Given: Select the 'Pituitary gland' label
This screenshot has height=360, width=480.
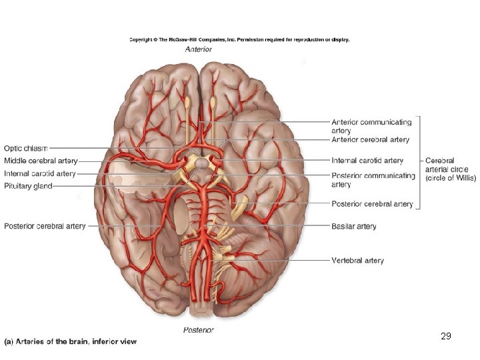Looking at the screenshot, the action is pyautogui.click(x=28, y=186).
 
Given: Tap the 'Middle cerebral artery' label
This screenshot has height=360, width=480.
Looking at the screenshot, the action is pyautogui.click(x=41, y=161).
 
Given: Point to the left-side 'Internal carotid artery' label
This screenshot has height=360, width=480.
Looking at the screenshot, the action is pyautogui.click(x=40, y=173).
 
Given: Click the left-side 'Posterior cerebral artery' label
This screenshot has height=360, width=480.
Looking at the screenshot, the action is pyautogui.click(x=45, y=226).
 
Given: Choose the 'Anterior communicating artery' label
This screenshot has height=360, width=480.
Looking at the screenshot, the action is pyautogui.click(x=371, y=126).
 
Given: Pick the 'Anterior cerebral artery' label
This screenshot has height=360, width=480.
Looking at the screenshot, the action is pyautogui.click(x=371, y=140).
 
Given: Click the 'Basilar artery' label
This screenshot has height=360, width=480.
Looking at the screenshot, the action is pyautogui.click(x=354, y=227).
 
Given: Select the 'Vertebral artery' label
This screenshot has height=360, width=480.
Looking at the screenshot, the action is pyautogui.click(x=358, y=260).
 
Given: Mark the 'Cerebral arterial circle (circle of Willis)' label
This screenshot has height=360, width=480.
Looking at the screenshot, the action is pyautogui.click(x=451, y=169).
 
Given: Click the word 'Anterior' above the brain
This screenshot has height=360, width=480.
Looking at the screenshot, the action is pyautogui.click(x=198, y=49).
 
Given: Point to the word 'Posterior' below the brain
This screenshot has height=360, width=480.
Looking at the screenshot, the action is pyautogui.click(x=199, y=330).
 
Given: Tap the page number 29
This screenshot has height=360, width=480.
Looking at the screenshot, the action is pyautogui.click(x=446, y=336).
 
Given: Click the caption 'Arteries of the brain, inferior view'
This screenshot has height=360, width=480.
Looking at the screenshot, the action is pyautogui.click(x=70, y=341).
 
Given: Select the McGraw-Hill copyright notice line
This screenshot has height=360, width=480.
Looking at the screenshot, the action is pyautogui.click(x=239, y=39).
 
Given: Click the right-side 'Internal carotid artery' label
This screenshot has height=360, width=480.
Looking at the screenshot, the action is pyautogui.click(x=367, y=161).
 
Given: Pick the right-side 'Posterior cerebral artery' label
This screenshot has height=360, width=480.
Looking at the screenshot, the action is pyautogui.click(x=372, y=204).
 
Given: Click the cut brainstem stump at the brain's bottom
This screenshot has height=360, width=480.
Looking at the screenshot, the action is pyautogui.click(x=199, y=313).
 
